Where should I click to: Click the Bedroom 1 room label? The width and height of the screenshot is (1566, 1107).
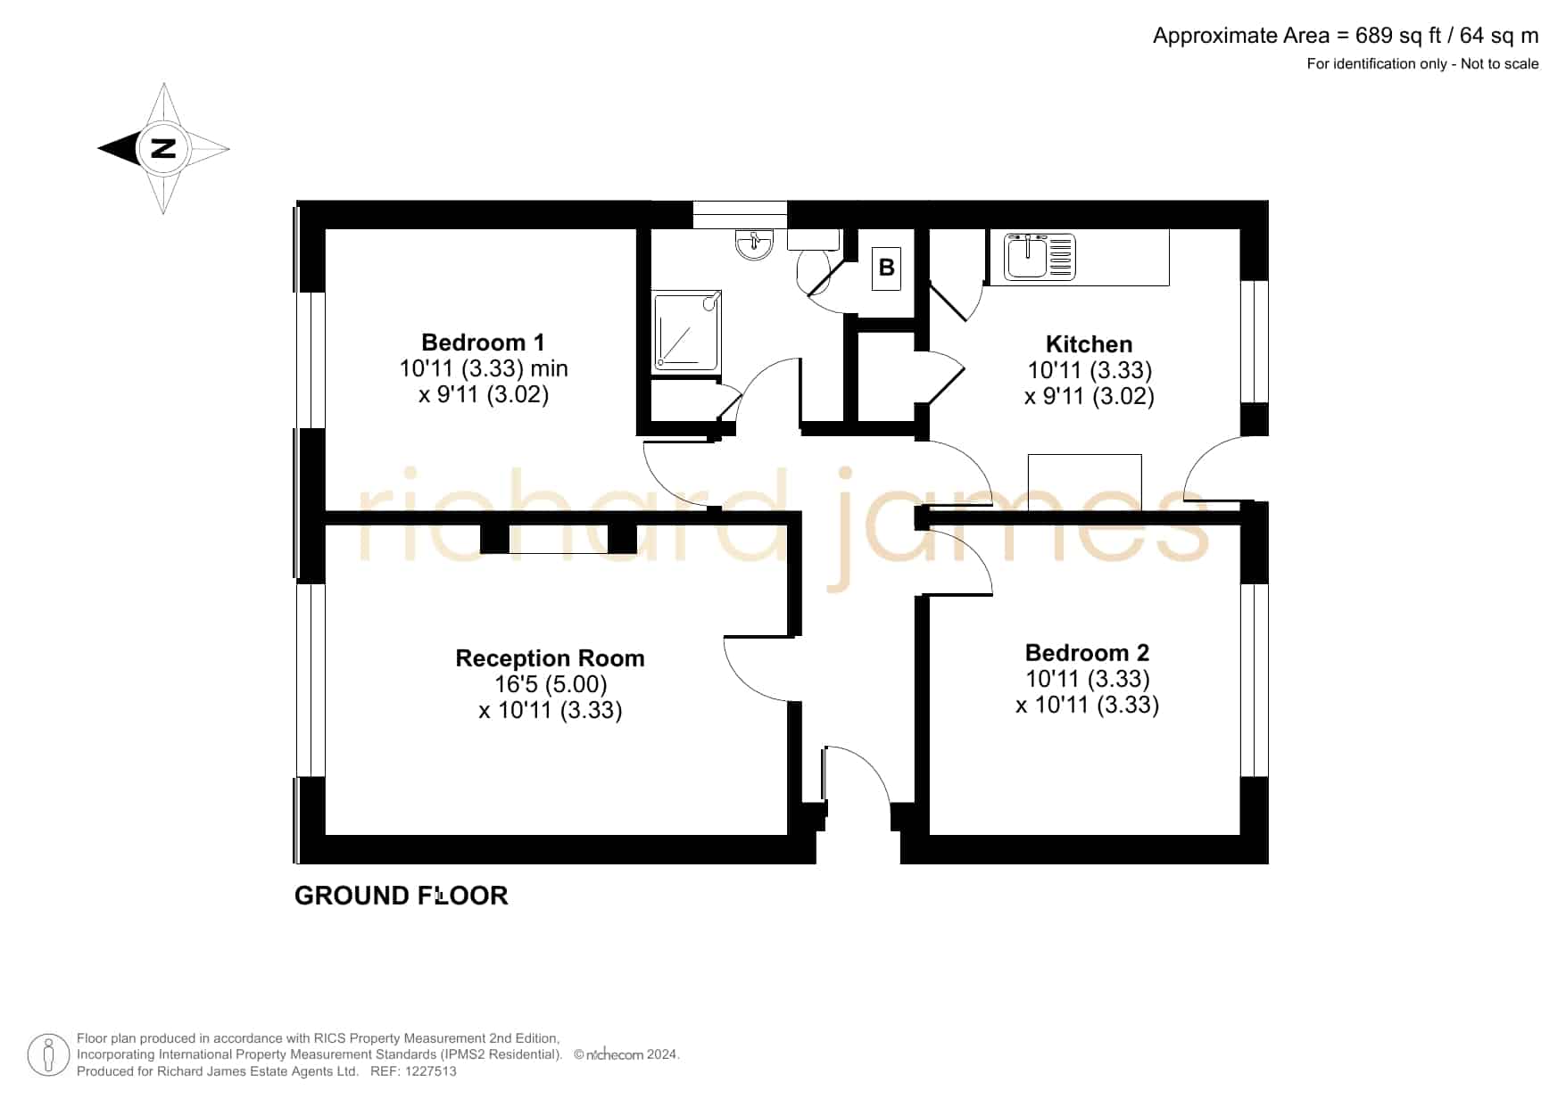point(483,343)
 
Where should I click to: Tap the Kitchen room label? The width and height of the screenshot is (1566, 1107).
point(1089,344)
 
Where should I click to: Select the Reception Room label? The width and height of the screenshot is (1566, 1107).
point(550,658)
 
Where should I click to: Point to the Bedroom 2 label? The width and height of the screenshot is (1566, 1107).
point(1087,653)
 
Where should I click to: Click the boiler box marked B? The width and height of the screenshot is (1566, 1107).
point(886,268)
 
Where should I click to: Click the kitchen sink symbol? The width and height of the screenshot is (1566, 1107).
point(1040,256)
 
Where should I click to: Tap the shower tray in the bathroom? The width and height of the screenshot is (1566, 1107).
point(686,329)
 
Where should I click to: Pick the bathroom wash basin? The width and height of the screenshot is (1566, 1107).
point(755,244)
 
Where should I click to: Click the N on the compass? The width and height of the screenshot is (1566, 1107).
point(163,148)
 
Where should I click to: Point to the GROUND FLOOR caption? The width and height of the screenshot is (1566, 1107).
point(402,896)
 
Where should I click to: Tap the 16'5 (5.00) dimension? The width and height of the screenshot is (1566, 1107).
point(551,684)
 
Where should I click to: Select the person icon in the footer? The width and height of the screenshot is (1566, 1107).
point(48,1055)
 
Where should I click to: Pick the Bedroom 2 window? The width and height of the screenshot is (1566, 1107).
point(1255,681)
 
